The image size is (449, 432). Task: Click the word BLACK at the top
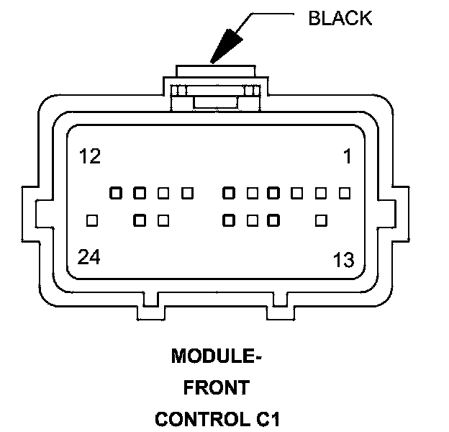tap(340, 18)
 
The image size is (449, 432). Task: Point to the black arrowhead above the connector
tap(226, 46)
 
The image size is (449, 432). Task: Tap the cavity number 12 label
tap(90, 156)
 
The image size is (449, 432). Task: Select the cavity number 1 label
tap(348, 156)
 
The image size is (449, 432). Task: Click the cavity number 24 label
tap(89, 256)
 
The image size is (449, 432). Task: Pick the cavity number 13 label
tap(343, 260)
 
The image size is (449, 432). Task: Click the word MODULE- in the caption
tap(217, 356)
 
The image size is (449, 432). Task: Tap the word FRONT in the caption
tap(217, 387)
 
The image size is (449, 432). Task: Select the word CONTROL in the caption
tap(202, 419)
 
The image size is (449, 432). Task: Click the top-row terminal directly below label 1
tap(345, 193)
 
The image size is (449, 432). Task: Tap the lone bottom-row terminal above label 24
tap(92, 220)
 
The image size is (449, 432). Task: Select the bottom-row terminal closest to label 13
tap(321, 220)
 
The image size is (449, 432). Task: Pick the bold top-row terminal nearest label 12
tap(116, 193)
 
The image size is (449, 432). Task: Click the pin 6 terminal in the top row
tap(229, 193)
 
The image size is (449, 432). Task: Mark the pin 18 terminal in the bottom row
tap(229, 220)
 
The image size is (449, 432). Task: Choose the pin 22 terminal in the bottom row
tap(140, 220)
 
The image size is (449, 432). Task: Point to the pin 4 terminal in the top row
tap(273, 193)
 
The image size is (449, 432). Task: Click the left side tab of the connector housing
tap(30, 214)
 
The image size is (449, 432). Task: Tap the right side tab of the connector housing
tap(401, 214)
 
